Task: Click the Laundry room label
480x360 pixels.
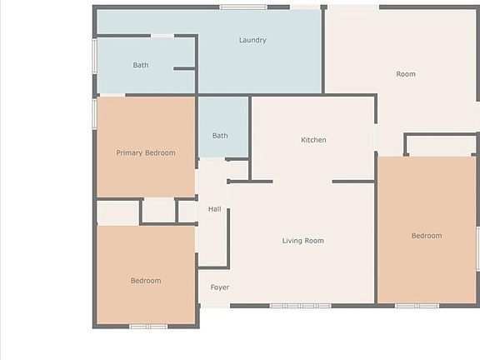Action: click(x=252, y=40)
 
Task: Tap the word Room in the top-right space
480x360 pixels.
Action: click(x=406, y=74)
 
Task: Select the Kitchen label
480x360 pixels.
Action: click(x=313, y=140)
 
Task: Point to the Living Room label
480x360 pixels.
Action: click(x=302, y=241)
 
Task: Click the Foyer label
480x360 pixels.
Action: click(x=219, y=287)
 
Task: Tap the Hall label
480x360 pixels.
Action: click(x=214, y=209)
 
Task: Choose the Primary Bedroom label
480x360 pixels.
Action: click(x=146, y=152)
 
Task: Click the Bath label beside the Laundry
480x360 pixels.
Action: click(x=141, y=65)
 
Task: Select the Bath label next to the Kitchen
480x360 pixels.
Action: click(x=220, y=136)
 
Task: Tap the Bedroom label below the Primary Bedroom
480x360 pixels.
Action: click(x=146, y=281)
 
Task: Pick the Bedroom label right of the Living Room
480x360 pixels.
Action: click(x=427, y=236)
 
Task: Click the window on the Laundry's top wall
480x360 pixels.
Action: click(x=243, y=7)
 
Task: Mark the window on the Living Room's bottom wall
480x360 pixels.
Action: click(x=300, y=306)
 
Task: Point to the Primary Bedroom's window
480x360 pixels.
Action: click(x=95, y=113)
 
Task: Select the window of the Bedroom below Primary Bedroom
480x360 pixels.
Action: click(x=148, y=326)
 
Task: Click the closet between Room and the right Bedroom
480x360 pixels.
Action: click(x=441, y=145)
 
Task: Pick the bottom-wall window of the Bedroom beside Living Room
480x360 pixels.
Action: click(x=417, y=306)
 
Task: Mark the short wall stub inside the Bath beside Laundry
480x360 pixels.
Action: click(x=184, y=68)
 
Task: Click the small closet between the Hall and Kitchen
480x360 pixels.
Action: click(x=238, y=169)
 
